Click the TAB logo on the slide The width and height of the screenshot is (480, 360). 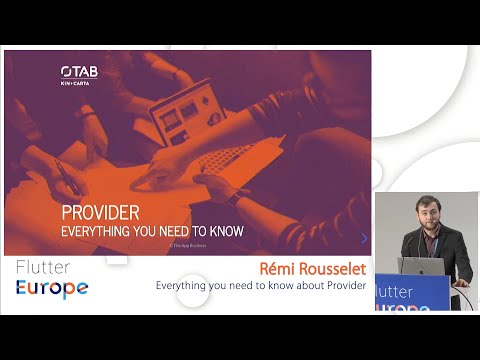pyautogui.click(x=79, y=71)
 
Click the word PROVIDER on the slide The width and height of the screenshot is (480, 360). pyautogui.click(x=100, y=213)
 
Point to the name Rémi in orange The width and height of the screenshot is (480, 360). pyautogui.click(x=280, y=269)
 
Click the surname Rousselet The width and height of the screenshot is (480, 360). pyautogui.click(x=334, y=269)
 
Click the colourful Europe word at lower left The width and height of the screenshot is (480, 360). pyautogui.click(x=51, y=288)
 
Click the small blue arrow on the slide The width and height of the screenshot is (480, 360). pyautogui.click(x=364, y=238)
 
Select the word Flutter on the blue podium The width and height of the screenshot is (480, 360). pyautogui.click(x=397, y=293)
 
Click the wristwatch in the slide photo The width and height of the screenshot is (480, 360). pyautogui.click(x=233, y=196)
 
